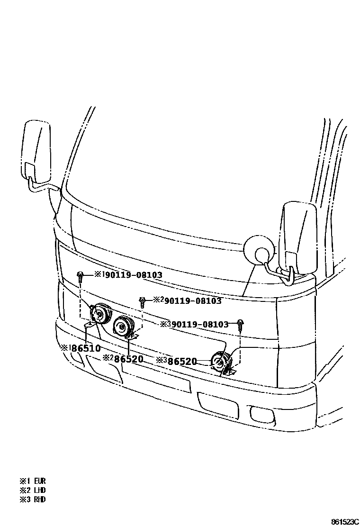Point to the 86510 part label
tap(81, 348)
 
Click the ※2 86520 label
tap(123, 359)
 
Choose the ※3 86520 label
tap(176, 361)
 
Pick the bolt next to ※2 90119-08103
tap(142, 301)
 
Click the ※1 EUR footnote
tap(33, 481)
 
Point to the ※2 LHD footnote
tap(33, 490)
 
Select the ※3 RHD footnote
tap(33, 499)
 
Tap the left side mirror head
tap(36, 150)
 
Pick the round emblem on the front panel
tap(259, 250)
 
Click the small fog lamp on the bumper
tap(260, 415)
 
